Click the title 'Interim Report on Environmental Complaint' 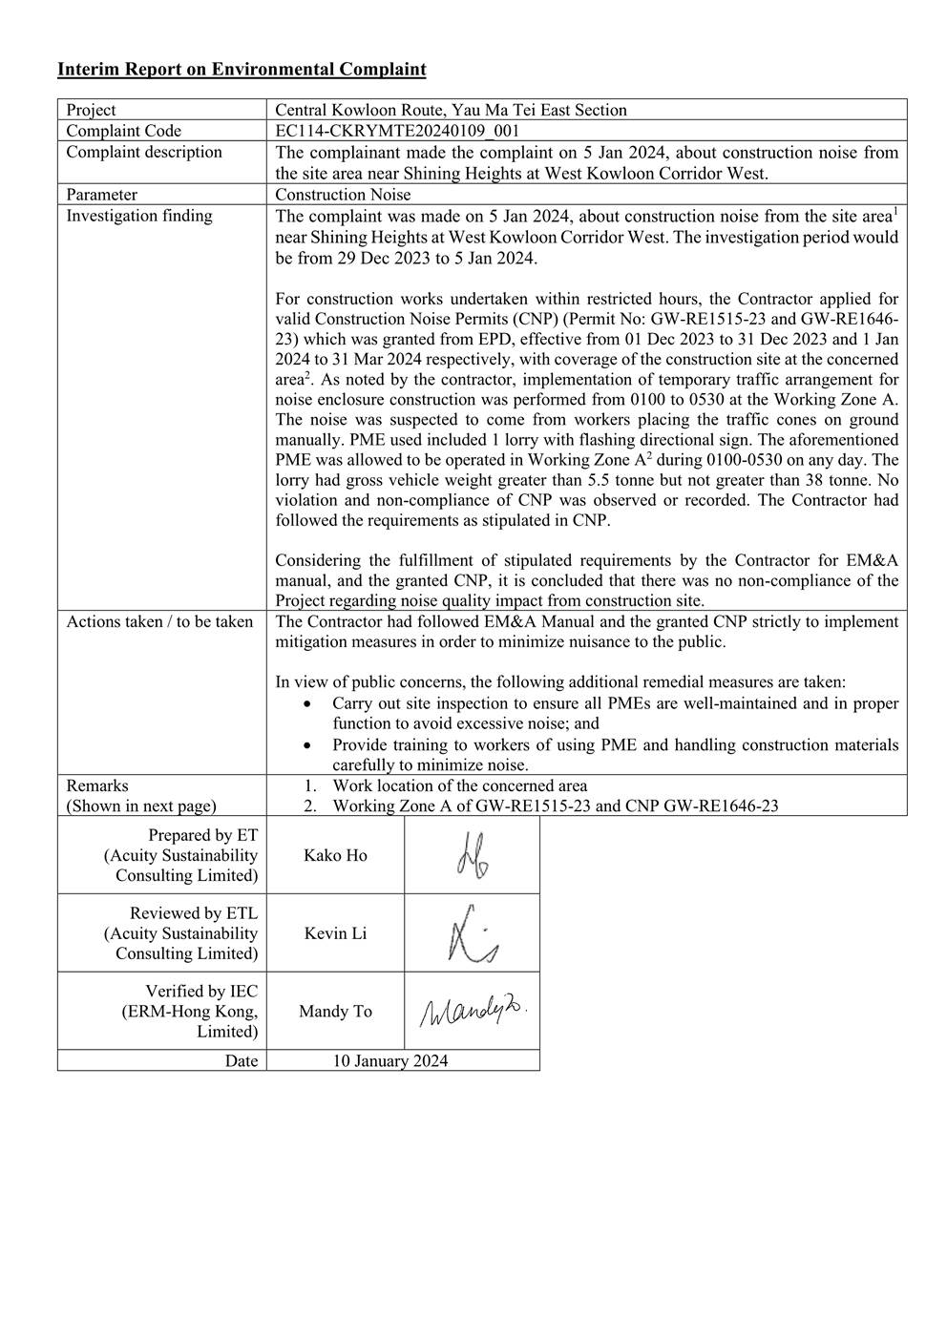(x=242, y=70)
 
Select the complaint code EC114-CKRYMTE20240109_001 (x=397, y=131)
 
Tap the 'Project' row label (x=92, y=110)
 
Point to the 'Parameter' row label (x=102, y=195)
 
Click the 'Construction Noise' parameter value (x=343, y=195)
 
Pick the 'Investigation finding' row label (x=139, y=216)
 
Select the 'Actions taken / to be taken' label (x=159, y=622)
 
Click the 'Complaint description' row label (x=144, y=152)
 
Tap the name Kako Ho (x=335, y=855)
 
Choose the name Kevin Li (x=335, y=933)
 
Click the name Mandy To (x=335, y=1012)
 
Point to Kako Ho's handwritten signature (x=473, y=856)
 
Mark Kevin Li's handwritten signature (x=472, y=933)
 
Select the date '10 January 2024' (x=390, y=1060)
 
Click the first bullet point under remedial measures (x=615, y=714)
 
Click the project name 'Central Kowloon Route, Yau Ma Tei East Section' (x=451, y=110)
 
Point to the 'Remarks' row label (x=97, y=785)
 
